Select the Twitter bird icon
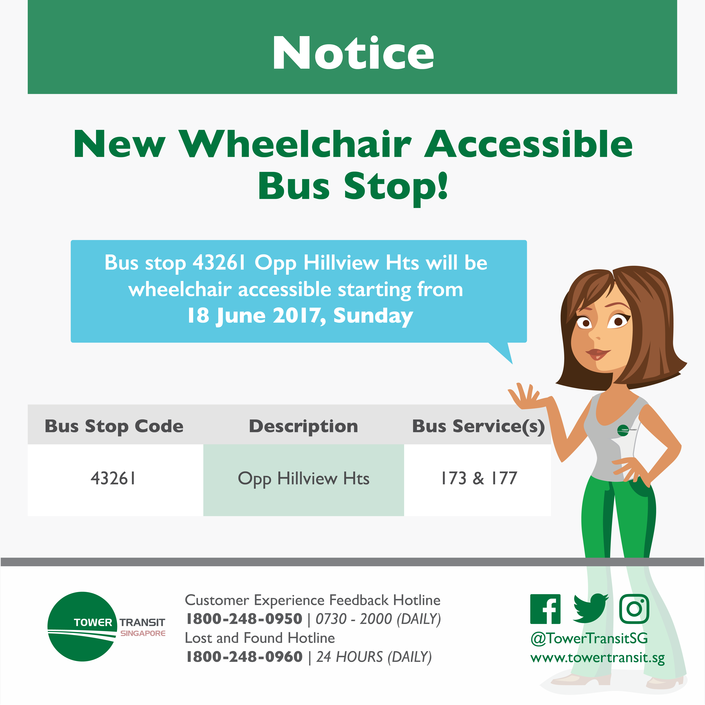click(590, 609)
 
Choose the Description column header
click(303, 426)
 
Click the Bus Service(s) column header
click(478, 426)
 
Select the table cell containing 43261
click(115, 480)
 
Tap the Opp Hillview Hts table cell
click(304, 480)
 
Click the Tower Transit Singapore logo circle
click(82, 627)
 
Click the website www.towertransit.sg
click(597, 658)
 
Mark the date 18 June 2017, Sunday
click(300, 316)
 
